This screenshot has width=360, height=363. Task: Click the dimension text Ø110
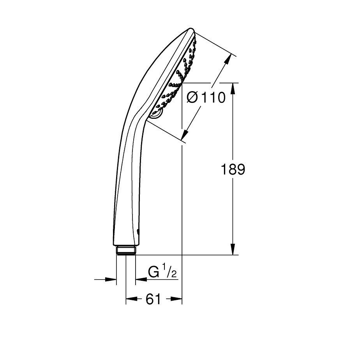click(x=206, y=97)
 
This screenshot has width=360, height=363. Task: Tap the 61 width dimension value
click(x=154, y=299)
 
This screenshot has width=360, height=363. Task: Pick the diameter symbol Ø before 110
click(x=194, y=97)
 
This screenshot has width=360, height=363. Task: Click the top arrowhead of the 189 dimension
click(x=233, y=88)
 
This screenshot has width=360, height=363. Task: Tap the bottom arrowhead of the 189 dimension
click(x=233, y=250)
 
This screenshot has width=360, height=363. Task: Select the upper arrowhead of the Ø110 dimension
click(x=228, y=60)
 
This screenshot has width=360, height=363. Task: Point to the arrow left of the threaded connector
click(x=111, y=279)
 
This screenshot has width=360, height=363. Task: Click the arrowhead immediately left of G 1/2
click(x=140, y=279)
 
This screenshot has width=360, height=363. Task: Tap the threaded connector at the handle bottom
click(x=125, y=250)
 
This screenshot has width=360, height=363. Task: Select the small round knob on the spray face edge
click(x=156, y=114)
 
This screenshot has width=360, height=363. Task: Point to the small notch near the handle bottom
click(x=139, y=232)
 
